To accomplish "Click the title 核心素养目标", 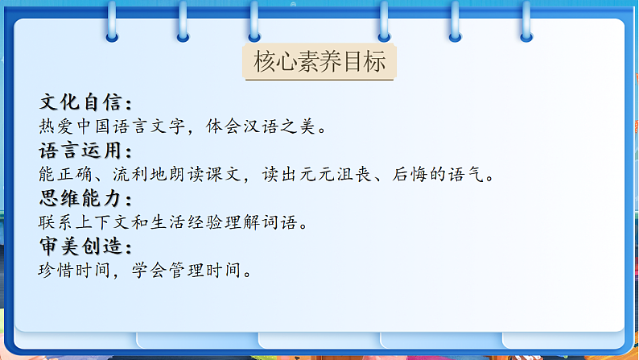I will pyautogui.click(x=319, y=62).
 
